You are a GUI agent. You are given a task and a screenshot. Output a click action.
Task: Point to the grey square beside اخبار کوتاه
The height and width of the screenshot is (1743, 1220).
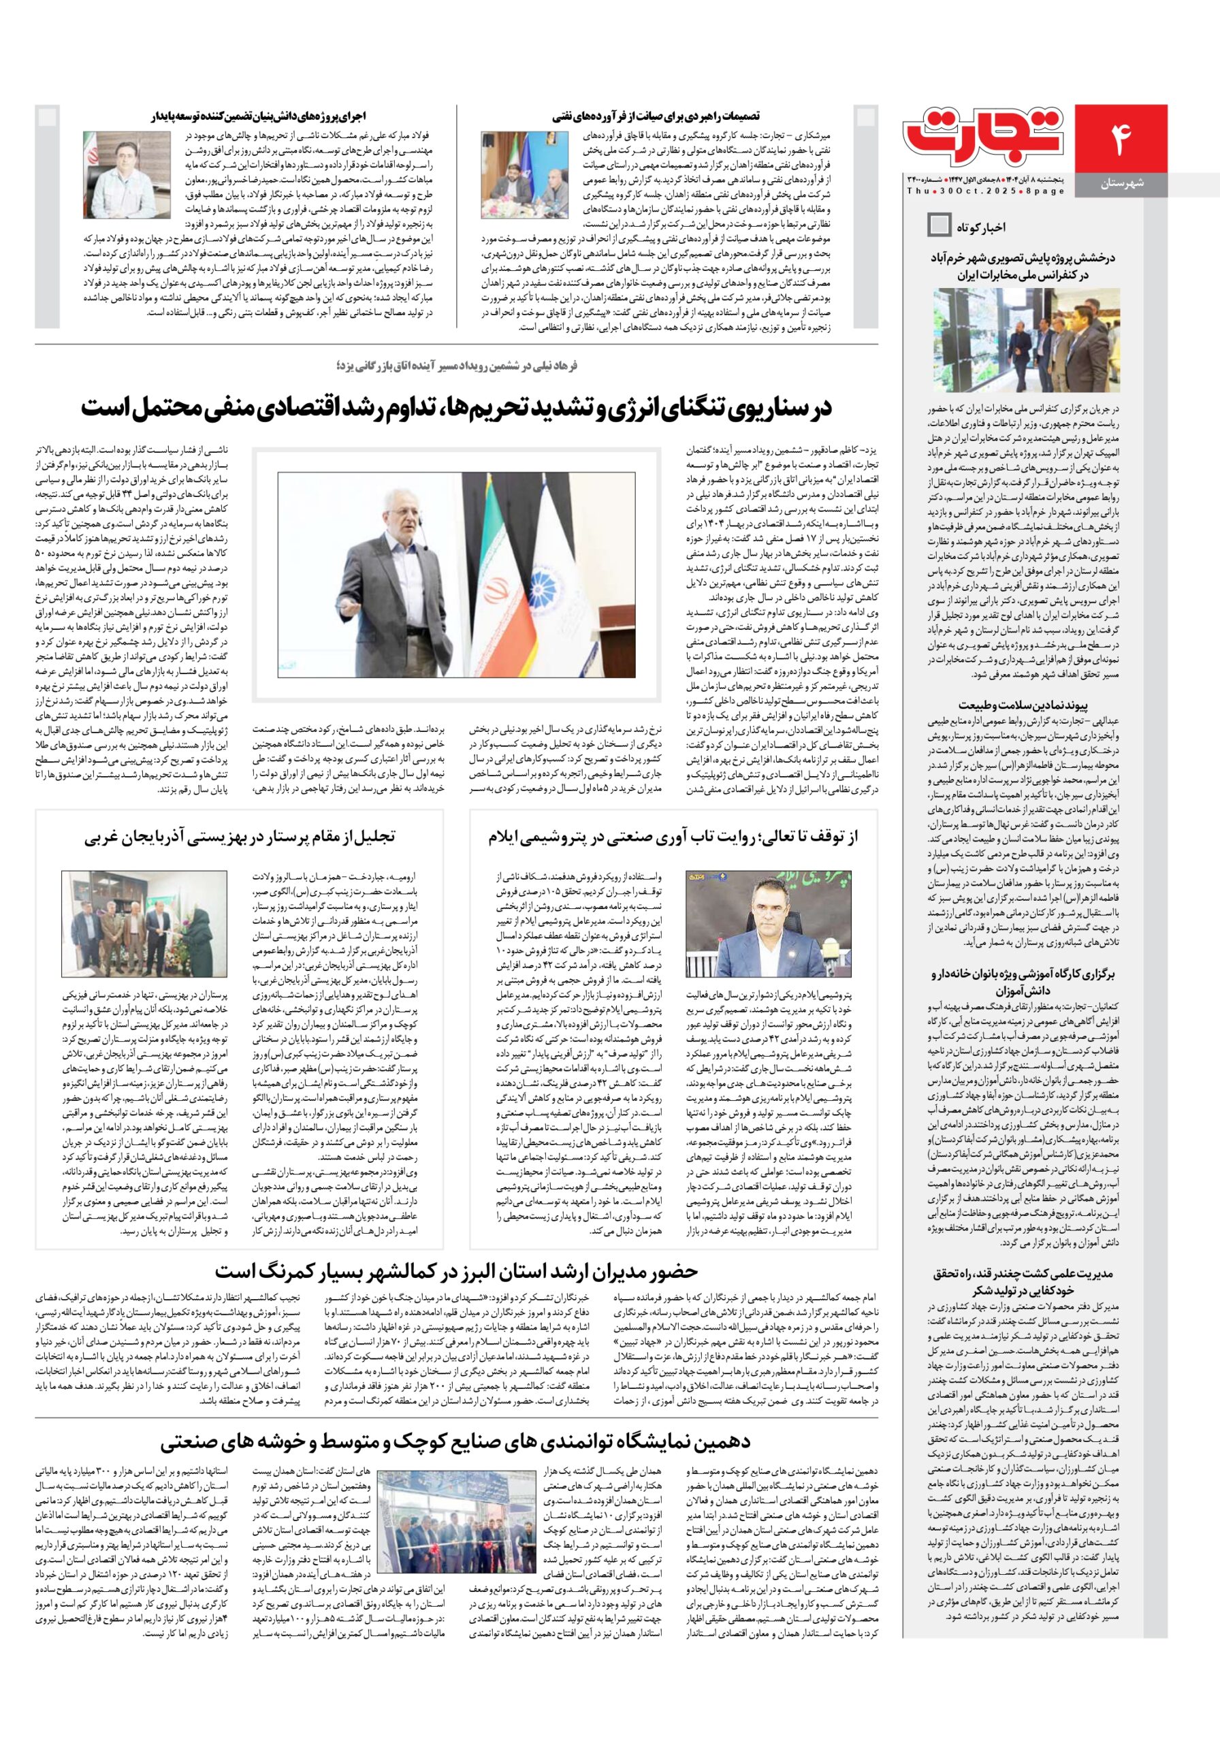939,225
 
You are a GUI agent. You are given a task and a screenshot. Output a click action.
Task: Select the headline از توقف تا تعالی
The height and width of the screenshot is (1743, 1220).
673,837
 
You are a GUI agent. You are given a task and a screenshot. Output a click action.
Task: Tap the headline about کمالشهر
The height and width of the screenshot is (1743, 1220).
456,1272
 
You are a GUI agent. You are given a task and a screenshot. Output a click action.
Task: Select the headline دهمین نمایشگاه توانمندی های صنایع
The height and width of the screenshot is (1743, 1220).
456,1442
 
